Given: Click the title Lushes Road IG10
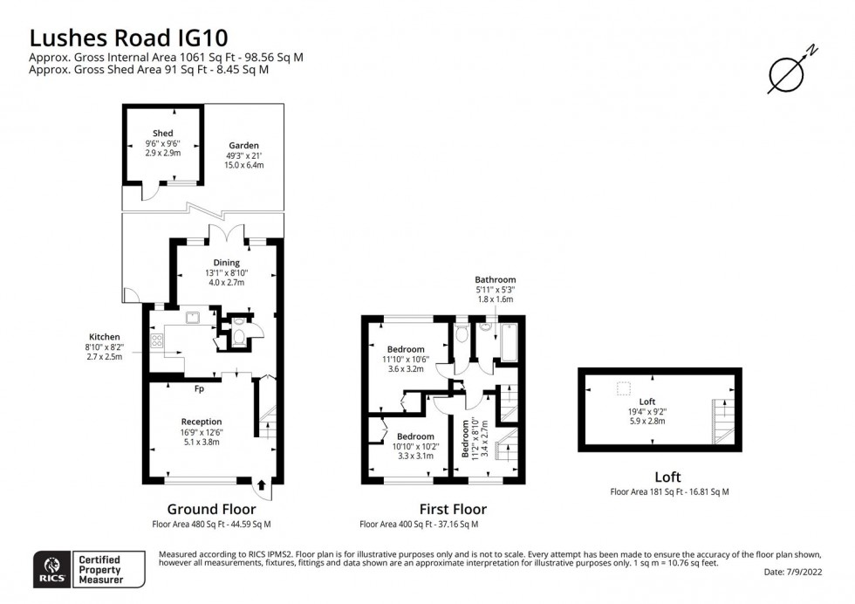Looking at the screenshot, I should (129, 38).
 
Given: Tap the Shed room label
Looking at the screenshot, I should (162, 134).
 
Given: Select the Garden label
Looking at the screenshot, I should (244, 145).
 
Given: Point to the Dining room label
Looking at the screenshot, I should (227, 262).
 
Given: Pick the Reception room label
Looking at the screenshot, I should (201, 422).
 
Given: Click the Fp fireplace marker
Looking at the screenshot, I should (199, 388).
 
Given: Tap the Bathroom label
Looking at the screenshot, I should (496, 279).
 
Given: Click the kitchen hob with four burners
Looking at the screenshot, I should (158, 340).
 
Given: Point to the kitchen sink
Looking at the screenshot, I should (193, 317).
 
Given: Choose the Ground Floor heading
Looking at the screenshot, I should (211, 509).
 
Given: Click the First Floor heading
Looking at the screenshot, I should (452, 509).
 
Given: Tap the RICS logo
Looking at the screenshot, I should (47, 567).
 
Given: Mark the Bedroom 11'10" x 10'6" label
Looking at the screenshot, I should (406, 349).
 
